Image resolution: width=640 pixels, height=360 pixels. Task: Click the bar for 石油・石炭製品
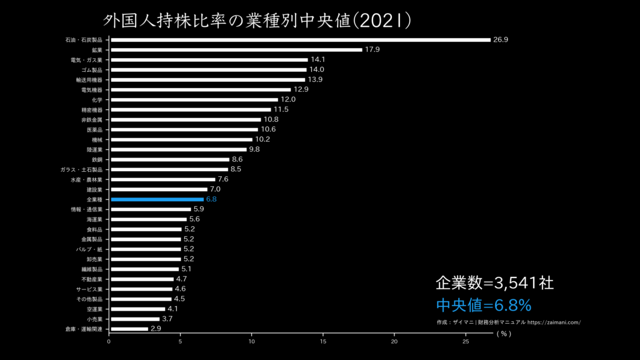(300, 40)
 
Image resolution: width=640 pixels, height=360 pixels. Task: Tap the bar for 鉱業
(236, 50)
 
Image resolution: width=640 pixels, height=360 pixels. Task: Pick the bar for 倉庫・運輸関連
(129, 329)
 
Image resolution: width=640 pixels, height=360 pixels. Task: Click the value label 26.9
(501, 40)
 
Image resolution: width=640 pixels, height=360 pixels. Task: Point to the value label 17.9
(372, 50)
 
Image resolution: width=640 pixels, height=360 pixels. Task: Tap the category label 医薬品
(94, 129)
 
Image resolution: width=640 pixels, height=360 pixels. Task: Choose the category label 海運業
(94, 219)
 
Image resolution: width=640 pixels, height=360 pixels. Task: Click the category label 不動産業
(92, 279)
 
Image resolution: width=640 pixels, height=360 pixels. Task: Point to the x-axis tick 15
(323, 342)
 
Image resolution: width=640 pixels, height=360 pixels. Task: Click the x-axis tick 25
(466, 342)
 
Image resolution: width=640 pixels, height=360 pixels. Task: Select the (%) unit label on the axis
(504, 334)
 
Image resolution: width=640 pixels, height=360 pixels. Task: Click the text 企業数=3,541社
(494, 283)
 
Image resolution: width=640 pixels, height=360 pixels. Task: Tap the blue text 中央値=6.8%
(483, 305)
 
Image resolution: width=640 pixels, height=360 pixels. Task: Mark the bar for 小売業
(134, 319)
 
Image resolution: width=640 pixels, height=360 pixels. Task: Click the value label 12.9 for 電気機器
(301, 90)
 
